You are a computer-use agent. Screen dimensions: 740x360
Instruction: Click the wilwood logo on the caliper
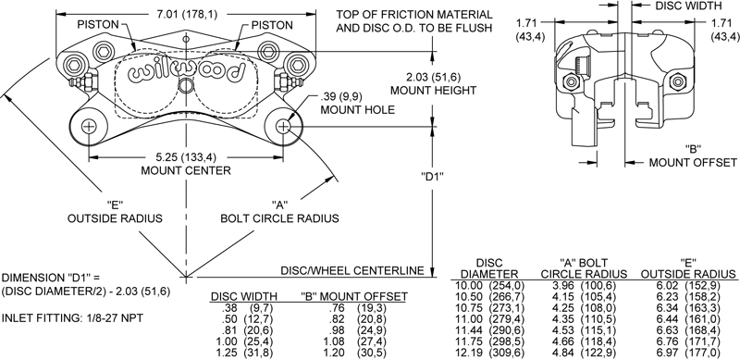[186, 73]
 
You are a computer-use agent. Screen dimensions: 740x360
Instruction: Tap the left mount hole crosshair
[89, 127]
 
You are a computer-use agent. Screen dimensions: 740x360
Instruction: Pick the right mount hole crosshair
[283, 127]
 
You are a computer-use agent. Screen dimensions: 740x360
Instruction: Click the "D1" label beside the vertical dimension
[432, 176]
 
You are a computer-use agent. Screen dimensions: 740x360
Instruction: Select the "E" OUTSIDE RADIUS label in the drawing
[115, 212]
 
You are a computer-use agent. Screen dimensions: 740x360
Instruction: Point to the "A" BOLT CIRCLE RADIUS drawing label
[280, 212]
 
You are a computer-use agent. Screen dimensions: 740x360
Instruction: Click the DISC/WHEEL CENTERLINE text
[352, 271]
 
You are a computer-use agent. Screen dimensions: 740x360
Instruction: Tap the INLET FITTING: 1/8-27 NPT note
[73, 318]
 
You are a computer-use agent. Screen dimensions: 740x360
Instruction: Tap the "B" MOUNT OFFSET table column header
[354, 297]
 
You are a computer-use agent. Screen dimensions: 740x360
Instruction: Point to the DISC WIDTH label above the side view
[688, 6]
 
